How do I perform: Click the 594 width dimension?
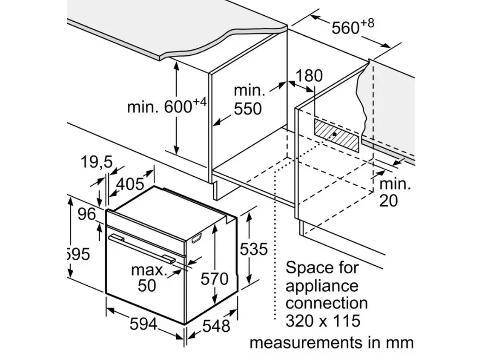tap(144, 325)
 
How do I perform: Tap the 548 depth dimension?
tap(216, 326)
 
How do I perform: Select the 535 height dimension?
tap(253, 249)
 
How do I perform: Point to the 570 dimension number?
tap(214, 279)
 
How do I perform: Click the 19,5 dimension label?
tap(96, 162)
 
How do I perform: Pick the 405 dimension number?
tap(130, 184)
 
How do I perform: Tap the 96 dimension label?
tap(87, 214)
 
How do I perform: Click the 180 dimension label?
tap(309, 76)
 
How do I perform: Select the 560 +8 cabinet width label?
tap(353, 27)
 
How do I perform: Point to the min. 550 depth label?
tap(249, 100)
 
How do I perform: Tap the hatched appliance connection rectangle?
tap(336, 136)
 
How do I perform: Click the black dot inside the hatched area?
tap(334, 134)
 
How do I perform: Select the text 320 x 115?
tap(323, 320)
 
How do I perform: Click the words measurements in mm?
tap(332, 343)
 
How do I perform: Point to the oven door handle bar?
tap(141, 249)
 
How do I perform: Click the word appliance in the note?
tap(322, 286)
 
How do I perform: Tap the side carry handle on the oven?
tap(197, 237)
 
